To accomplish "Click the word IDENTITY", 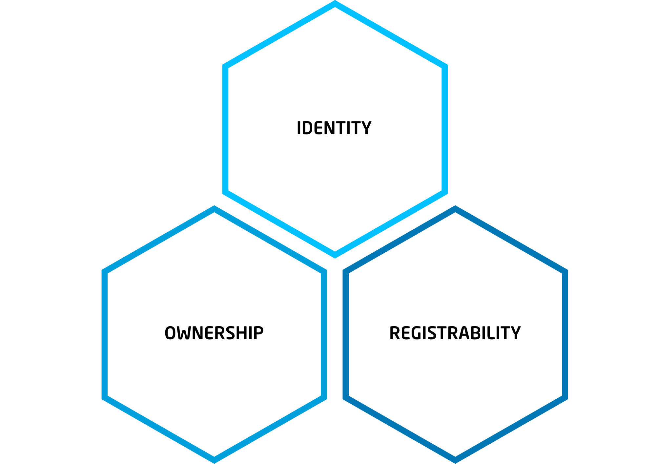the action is [x=334, y=128].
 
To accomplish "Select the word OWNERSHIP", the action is [x=214, y=333].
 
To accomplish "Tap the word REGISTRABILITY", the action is [x=455, y=333].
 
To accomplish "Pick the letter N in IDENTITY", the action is [x=332, y=128].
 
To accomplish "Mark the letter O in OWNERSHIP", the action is [x=170, y=333].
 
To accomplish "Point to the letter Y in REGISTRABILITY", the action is [x=515, y=333].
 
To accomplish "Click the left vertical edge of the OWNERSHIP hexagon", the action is [x=105, y=334].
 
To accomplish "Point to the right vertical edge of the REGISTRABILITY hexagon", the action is [x=565, y=334].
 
